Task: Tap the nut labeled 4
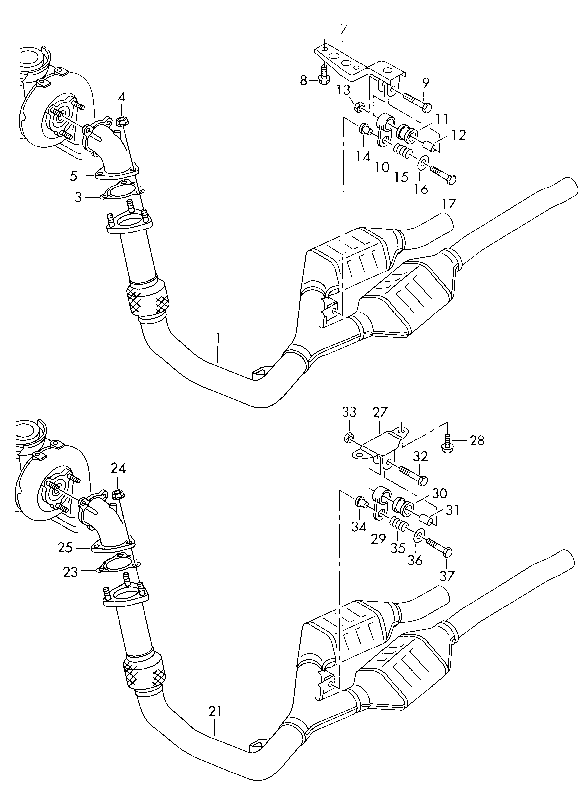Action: [x=121, y=122]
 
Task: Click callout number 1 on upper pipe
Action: [x=218, y=338]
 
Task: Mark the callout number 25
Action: [x=66, y=547]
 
